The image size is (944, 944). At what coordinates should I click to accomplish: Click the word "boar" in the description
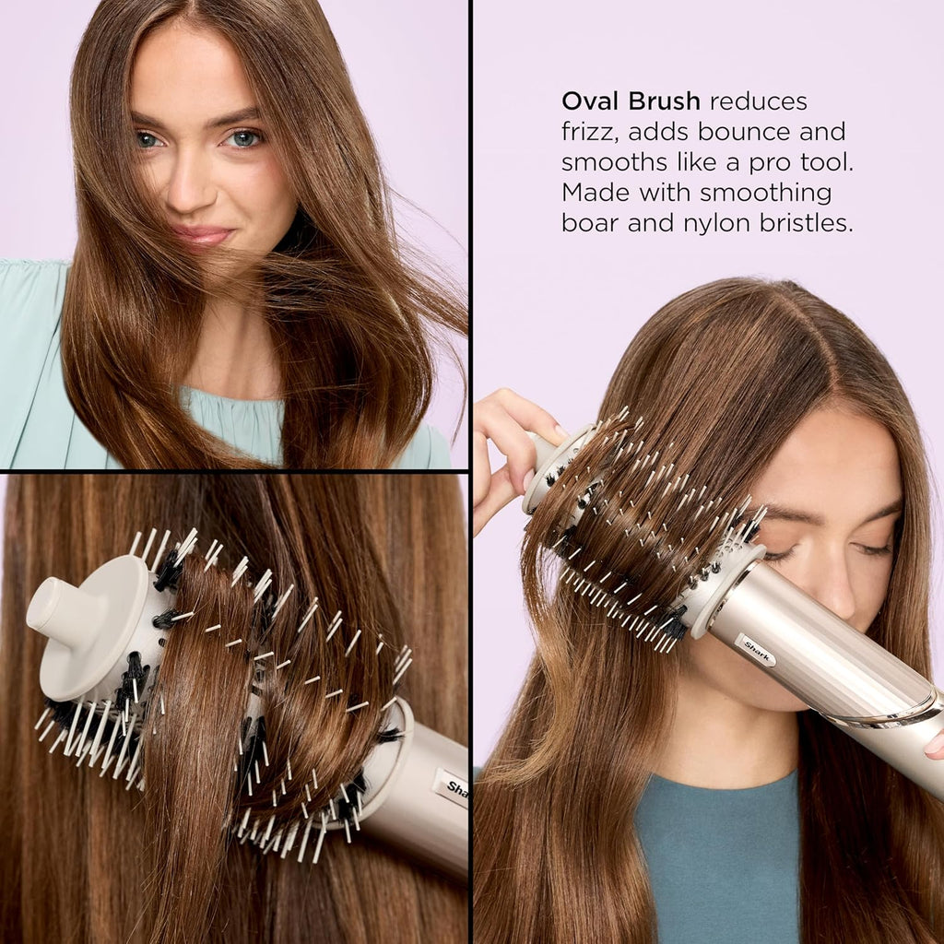click(590, 223)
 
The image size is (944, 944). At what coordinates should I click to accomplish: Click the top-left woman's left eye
click(244, 138)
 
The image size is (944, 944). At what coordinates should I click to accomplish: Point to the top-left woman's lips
click(202, 235)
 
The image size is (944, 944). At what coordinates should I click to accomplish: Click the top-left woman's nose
click(191, 189)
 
